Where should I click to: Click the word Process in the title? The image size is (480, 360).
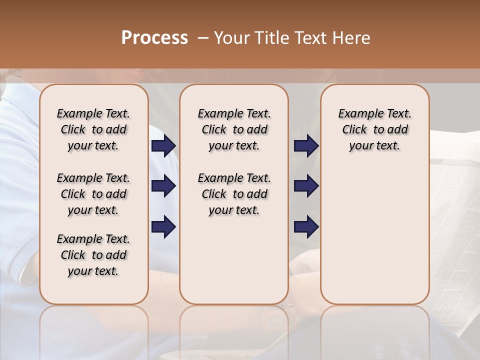154,38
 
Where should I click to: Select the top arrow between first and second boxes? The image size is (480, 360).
163,146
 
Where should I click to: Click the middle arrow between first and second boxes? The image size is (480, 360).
163,186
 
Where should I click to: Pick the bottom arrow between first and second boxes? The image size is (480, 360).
163,227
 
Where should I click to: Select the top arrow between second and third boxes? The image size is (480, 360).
306,146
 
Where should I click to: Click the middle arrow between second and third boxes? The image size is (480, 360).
306,186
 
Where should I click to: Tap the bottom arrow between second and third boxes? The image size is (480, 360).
306,227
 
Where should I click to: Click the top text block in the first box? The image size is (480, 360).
93,129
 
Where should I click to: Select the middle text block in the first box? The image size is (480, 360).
93,194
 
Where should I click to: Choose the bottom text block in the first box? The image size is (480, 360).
93,255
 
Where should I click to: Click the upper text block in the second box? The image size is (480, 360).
234,129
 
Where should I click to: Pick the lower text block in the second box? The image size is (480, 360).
234,194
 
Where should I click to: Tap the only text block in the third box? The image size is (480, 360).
374,129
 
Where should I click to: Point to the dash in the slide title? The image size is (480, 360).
203,38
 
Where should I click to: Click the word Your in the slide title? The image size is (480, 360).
231,38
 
